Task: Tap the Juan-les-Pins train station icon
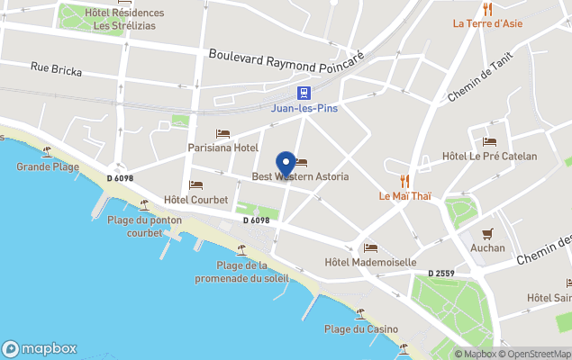[305, 93]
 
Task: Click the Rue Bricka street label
[56, 69]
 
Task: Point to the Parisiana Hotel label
[222, 148]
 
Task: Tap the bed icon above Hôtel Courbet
[195, 185]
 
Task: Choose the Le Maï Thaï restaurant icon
[404, 181]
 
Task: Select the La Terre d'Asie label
[487, 23]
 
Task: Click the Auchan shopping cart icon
[487, 234]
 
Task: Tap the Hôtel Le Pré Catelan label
[489, 157]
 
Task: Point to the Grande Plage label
[47, 166]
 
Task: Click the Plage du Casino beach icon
[360, 314]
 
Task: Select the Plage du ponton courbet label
[144, 226]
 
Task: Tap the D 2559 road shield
[442, 273]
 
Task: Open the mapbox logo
[40, 348]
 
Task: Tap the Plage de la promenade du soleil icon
[241, 249]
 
